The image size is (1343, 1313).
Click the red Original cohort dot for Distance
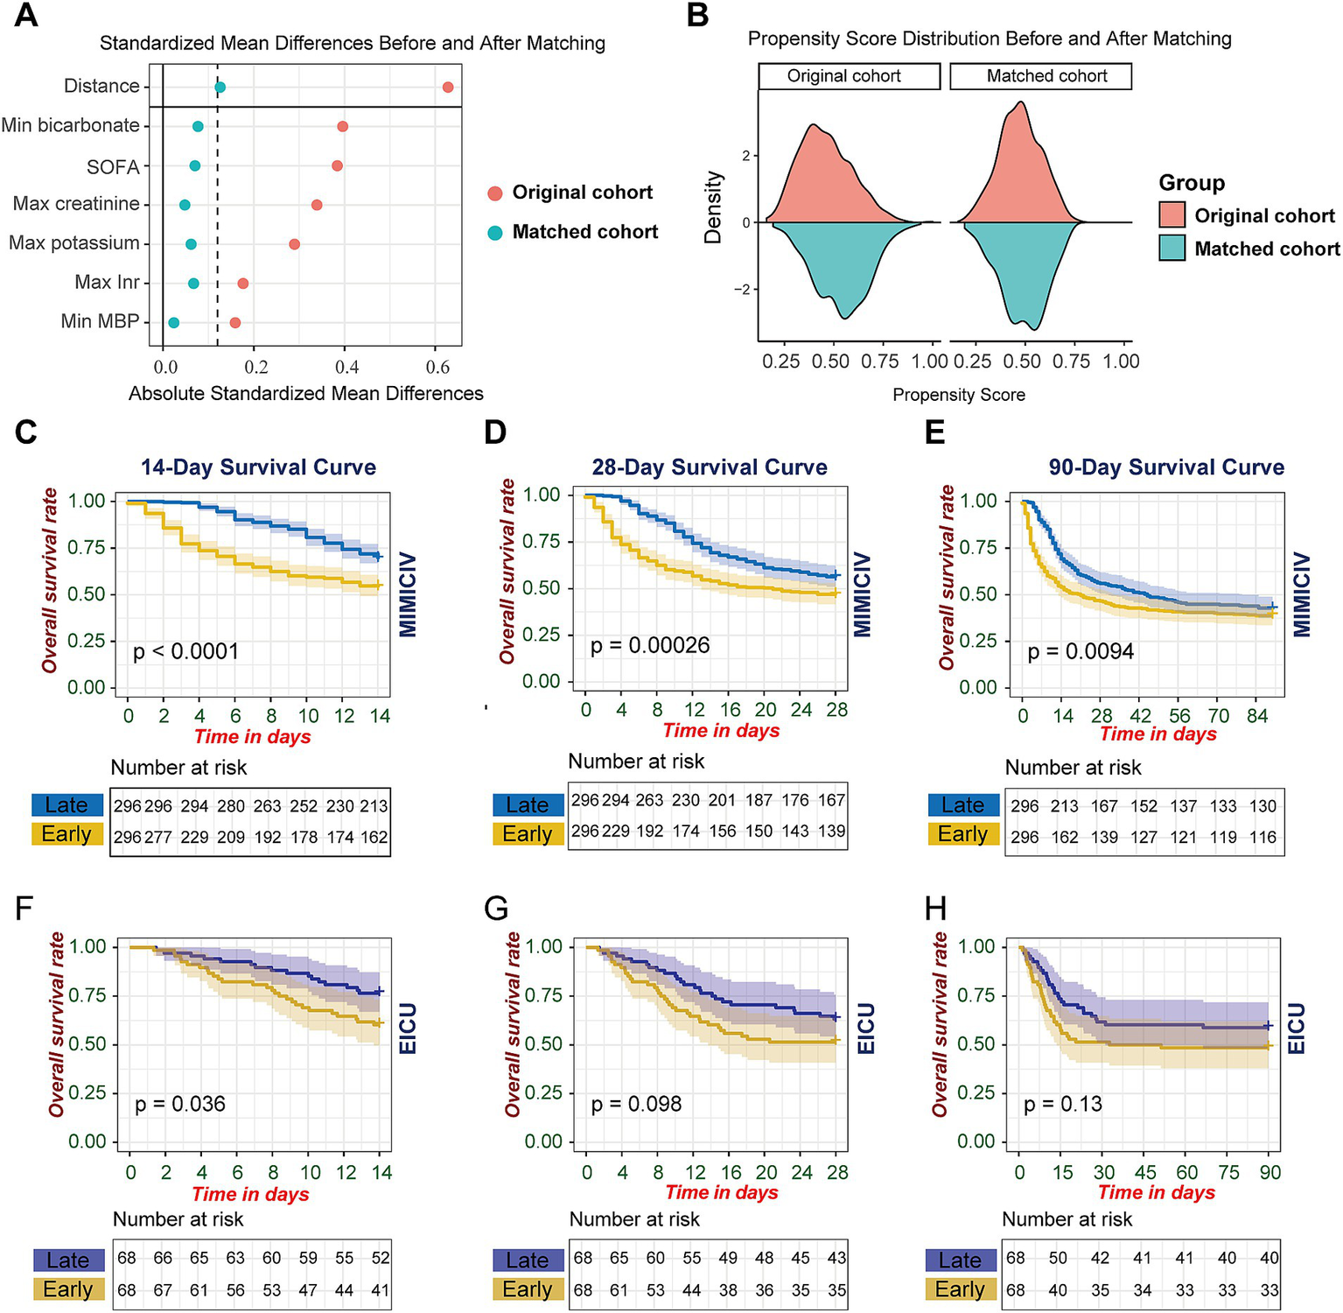click(x=448, y=87)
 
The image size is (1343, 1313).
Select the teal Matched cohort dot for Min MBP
click(x=173, y=323)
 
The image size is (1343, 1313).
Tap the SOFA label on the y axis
click(x=113, y=166)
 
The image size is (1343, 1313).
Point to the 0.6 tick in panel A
click(x=436, y=368)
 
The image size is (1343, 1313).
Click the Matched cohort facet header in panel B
click(x=1040, y=76)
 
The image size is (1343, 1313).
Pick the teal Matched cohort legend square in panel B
click(x=1172, y=248)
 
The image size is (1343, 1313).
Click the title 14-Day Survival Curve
click(x=258, y=467)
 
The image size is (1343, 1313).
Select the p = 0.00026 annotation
click(x=649, y=646)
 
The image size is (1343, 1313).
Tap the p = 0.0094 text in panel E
click(x=1081, y=651)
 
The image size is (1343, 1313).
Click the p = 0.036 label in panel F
click(x=180, y=1104)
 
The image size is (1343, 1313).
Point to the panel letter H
click(x=935, y=909)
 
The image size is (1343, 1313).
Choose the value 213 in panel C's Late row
click(x=374, y=806)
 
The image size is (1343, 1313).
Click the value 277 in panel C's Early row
click(x=158, y=837)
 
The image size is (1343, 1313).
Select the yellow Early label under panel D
click(x=528, y=834)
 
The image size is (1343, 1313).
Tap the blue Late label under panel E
click(x=962, y=805)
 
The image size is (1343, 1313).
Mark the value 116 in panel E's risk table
click(x=1263, y=837)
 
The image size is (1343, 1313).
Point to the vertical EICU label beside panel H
click(x=1297, y=1029)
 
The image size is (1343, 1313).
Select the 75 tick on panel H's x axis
click(x=1228, y=1173)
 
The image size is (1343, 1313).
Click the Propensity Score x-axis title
click(x=958, y=395)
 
